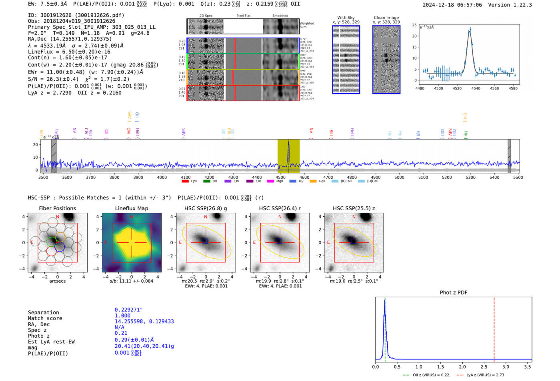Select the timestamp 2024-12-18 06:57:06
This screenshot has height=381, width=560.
[452, 5]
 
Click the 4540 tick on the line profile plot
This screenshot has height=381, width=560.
[476, 88]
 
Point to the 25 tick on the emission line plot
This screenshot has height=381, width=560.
[414, 25]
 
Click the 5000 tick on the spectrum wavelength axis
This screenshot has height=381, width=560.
[399, 178]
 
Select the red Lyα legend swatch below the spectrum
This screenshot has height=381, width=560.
[185, 182]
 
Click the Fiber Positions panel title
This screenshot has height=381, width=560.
[57, 208]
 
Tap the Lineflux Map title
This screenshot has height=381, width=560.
[131, 208]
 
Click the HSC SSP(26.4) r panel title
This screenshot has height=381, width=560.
[280, 208]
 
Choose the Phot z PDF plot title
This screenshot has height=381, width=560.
[454, 293]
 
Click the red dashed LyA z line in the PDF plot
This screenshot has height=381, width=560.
[494, 328]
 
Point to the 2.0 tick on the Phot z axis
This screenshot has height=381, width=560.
[462, 367]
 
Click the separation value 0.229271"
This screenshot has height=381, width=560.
[128, 310]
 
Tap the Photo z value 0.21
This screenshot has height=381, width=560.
[121, 333]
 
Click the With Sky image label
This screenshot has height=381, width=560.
[346, 18]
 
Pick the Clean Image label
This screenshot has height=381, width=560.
[386, 18]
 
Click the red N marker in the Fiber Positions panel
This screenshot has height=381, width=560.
[58, 217]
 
